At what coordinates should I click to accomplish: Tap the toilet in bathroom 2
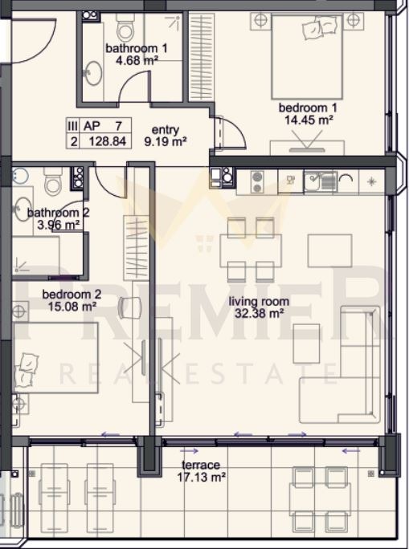click(53, 184)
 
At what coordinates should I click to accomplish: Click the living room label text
click(259, 303)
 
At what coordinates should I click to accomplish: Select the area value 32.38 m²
click(259, 314)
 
